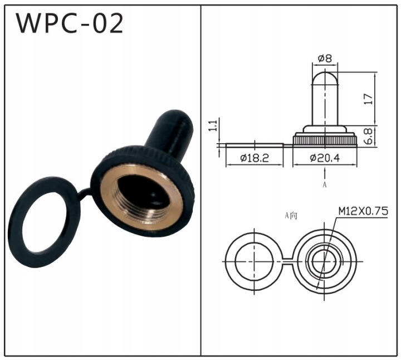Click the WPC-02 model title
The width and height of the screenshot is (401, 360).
tap(70, 23)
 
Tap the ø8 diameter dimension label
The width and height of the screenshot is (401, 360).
tap(325, 59)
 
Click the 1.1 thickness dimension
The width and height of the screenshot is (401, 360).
tap(213, 125)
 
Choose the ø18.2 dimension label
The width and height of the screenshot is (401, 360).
tap(255, 158)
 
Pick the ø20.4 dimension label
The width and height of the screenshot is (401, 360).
tap(325, 158)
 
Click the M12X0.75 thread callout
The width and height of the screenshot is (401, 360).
tap(363, 211)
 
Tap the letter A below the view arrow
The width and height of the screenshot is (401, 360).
tap(325, 184)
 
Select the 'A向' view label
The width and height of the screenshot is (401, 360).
tap(291, 216)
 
